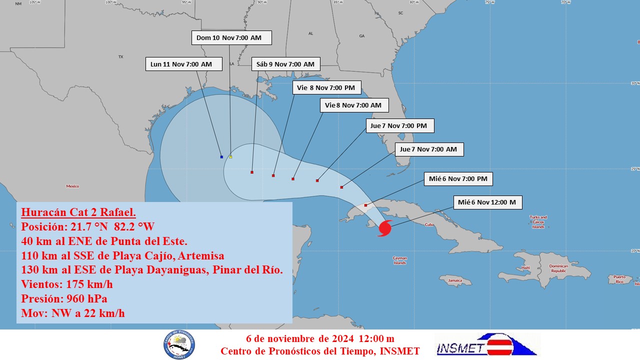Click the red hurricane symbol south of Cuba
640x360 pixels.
tap(384, 228)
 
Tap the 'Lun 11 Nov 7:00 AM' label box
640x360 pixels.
tap(181, 64)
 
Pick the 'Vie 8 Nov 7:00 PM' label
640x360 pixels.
tap(326, 87)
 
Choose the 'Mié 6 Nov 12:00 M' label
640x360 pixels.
tap(487, 202)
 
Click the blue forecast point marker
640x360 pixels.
tap(221, 157)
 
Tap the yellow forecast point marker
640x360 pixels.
tap(230, 157)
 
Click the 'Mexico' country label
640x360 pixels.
tap(72, 186)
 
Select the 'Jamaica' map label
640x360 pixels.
tap(455, 280)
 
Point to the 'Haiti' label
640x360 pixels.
tap(525, 268)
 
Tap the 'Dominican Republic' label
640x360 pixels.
tap(558, 268)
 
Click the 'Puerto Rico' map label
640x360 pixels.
tap(619, 279)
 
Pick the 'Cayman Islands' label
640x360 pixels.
tap(399, 260)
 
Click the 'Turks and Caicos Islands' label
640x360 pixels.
tap(538, 222)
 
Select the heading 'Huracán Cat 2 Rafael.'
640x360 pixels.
tap(78, 211)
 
